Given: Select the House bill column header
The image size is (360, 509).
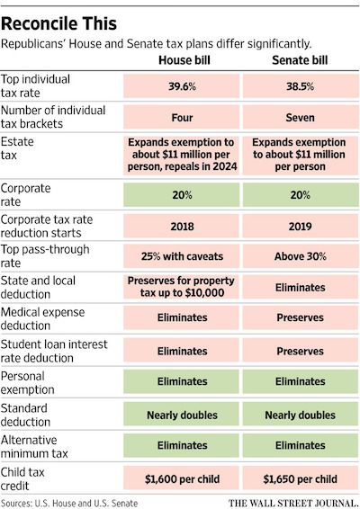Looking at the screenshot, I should click(183, 60).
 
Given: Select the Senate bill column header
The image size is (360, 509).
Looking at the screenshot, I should click(298, 60).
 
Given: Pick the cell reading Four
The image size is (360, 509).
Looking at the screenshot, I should click(183, 117).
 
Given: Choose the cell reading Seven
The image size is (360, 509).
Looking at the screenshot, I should click(298, 117).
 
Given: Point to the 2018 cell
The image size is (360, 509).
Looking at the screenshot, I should click(183, 224).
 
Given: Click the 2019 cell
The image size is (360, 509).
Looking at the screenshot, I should click(298, 224).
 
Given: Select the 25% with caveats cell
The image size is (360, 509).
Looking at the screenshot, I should click(183, 254).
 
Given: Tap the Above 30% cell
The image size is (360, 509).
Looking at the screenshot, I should click(298, 254).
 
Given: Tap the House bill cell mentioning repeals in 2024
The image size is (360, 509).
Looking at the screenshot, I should click(183, 155).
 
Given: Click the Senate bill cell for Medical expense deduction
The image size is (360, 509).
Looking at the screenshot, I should click(298, 317).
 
